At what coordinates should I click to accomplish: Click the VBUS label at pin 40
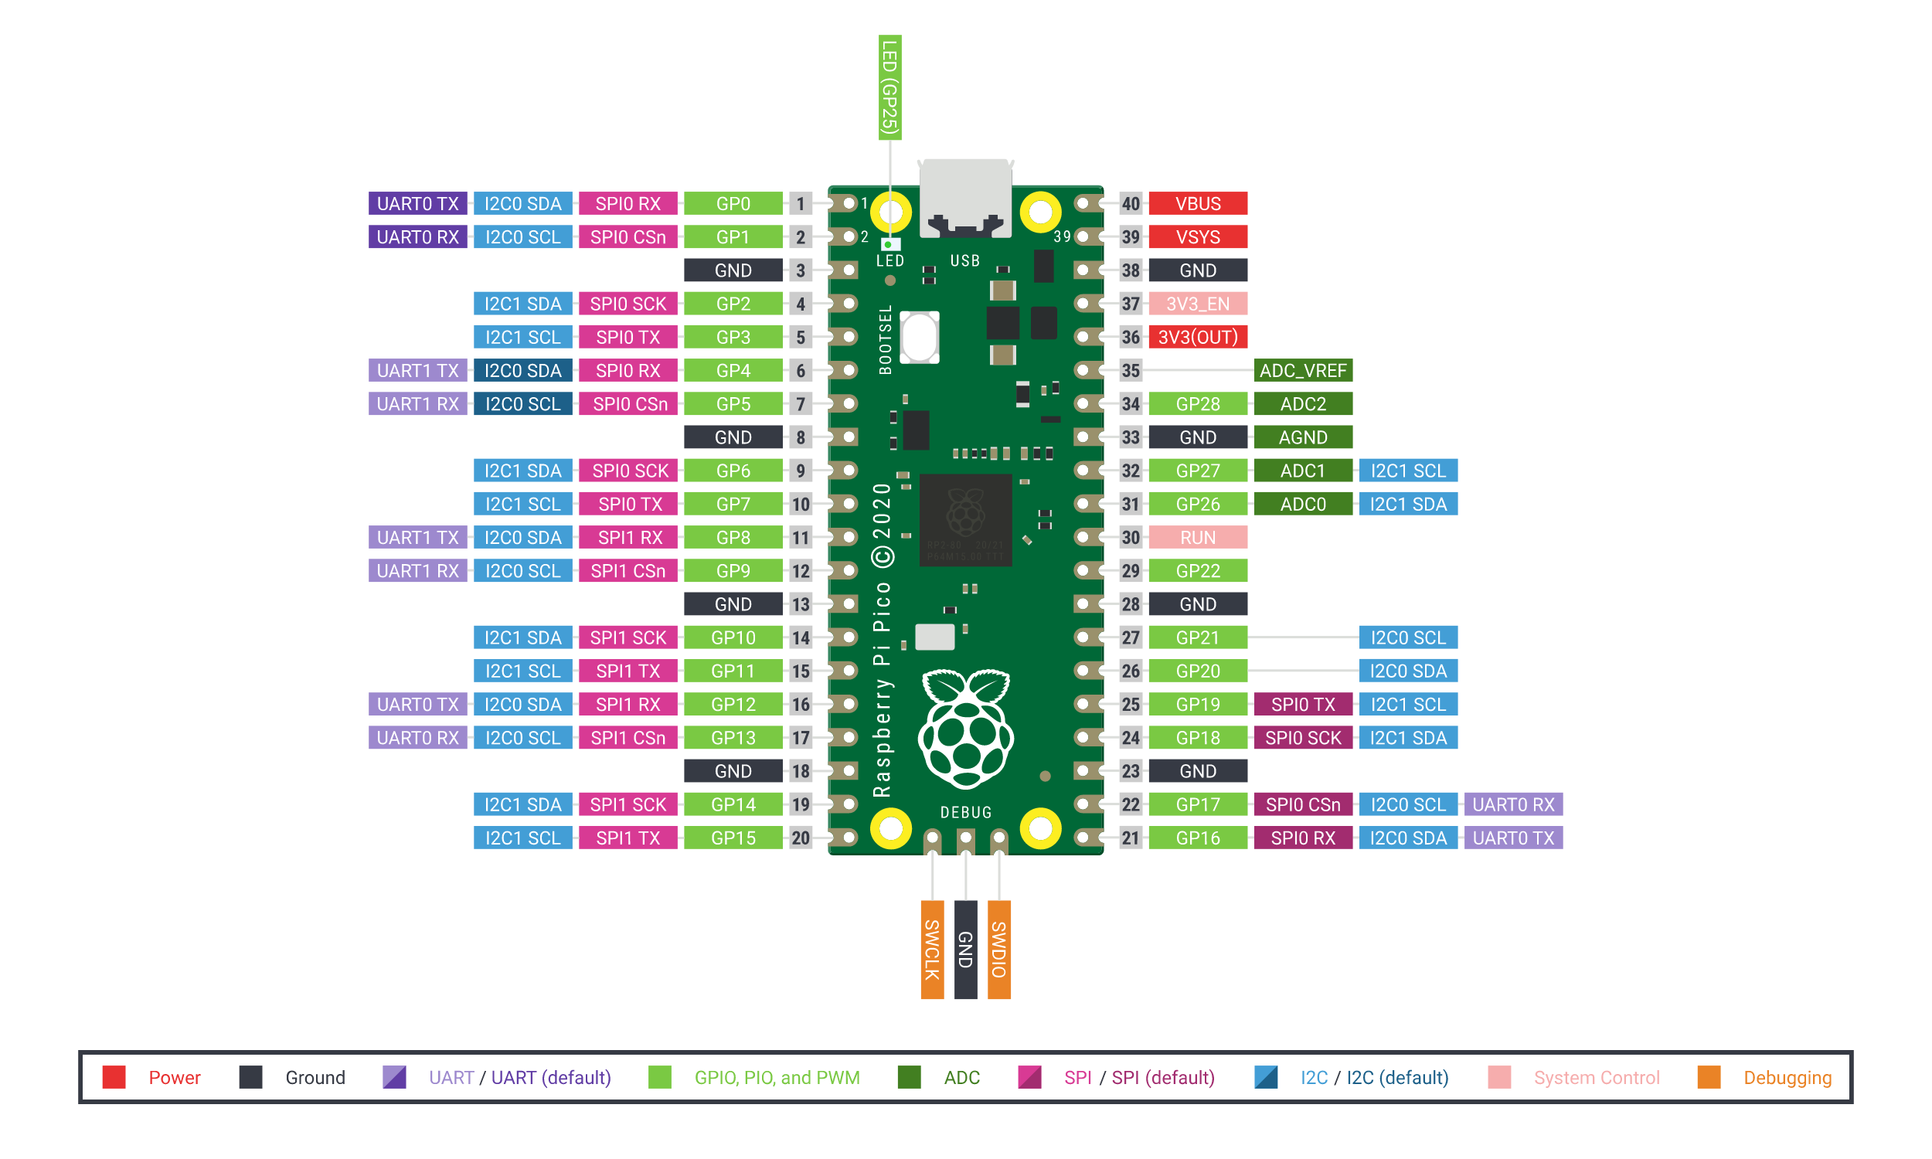[1197, 204]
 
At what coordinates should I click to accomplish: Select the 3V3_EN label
[1197, 304]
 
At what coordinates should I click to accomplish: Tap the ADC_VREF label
[1303, 371]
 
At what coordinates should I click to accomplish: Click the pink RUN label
[1197, 537]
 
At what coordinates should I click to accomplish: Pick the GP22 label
[1197, 571]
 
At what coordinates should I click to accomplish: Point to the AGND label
[1303, 437]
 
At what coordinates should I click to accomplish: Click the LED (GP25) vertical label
[889, 87]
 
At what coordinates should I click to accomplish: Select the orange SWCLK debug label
[932, 949]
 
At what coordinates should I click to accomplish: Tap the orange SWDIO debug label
[998, 949]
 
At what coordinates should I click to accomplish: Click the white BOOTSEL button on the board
[919, 338]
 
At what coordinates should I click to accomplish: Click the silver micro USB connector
[965, 197]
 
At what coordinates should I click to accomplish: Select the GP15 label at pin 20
[733, 838]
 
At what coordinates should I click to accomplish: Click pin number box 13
[801, 604]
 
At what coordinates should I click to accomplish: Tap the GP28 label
[1197, 404]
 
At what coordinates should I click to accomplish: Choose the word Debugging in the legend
[1787, 1078]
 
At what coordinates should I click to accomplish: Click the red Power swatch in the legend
[114, 1077]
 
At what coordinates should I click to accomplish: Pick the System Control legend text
[1595, 1078]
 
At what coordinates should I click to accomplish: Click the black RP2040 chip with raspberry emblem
[965, 520]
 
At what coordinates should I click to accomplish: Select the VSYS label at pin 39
[1197, 237]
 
